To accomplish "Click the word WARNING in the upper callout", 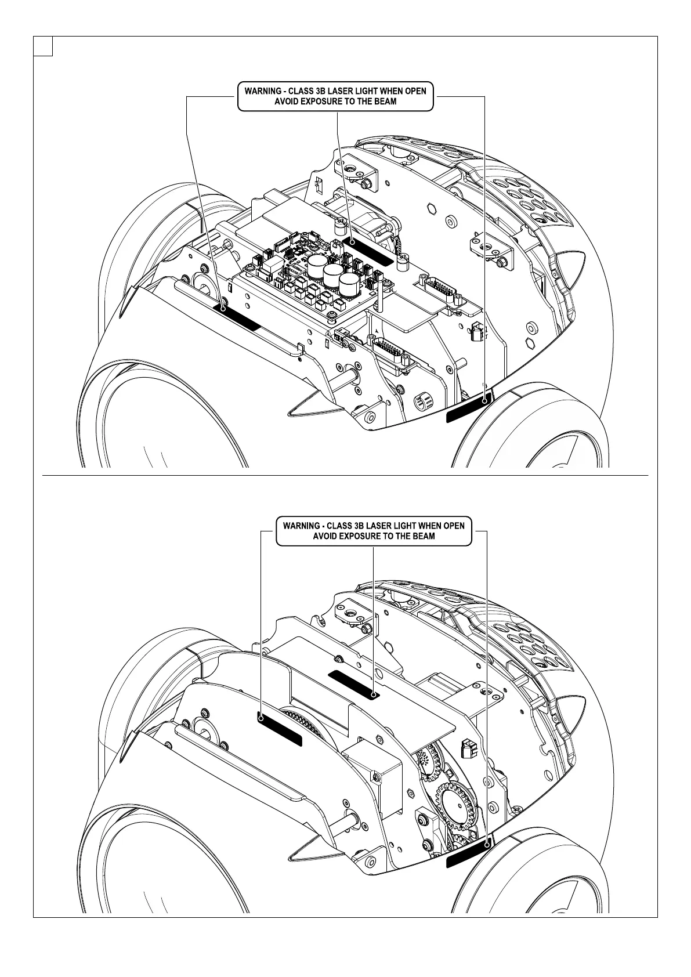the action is tap(263, 91).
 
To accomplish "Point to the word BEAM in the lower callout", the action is tap(424, 536).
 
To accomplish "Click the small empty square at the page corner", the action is tap(43, 46).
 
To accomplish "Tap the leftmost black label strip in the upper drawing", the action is tap(238, 316).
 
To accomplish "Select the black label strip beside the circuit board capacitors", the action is tap(368, 250).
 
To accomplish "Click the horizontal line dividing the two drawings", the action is tap(345, 475).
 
